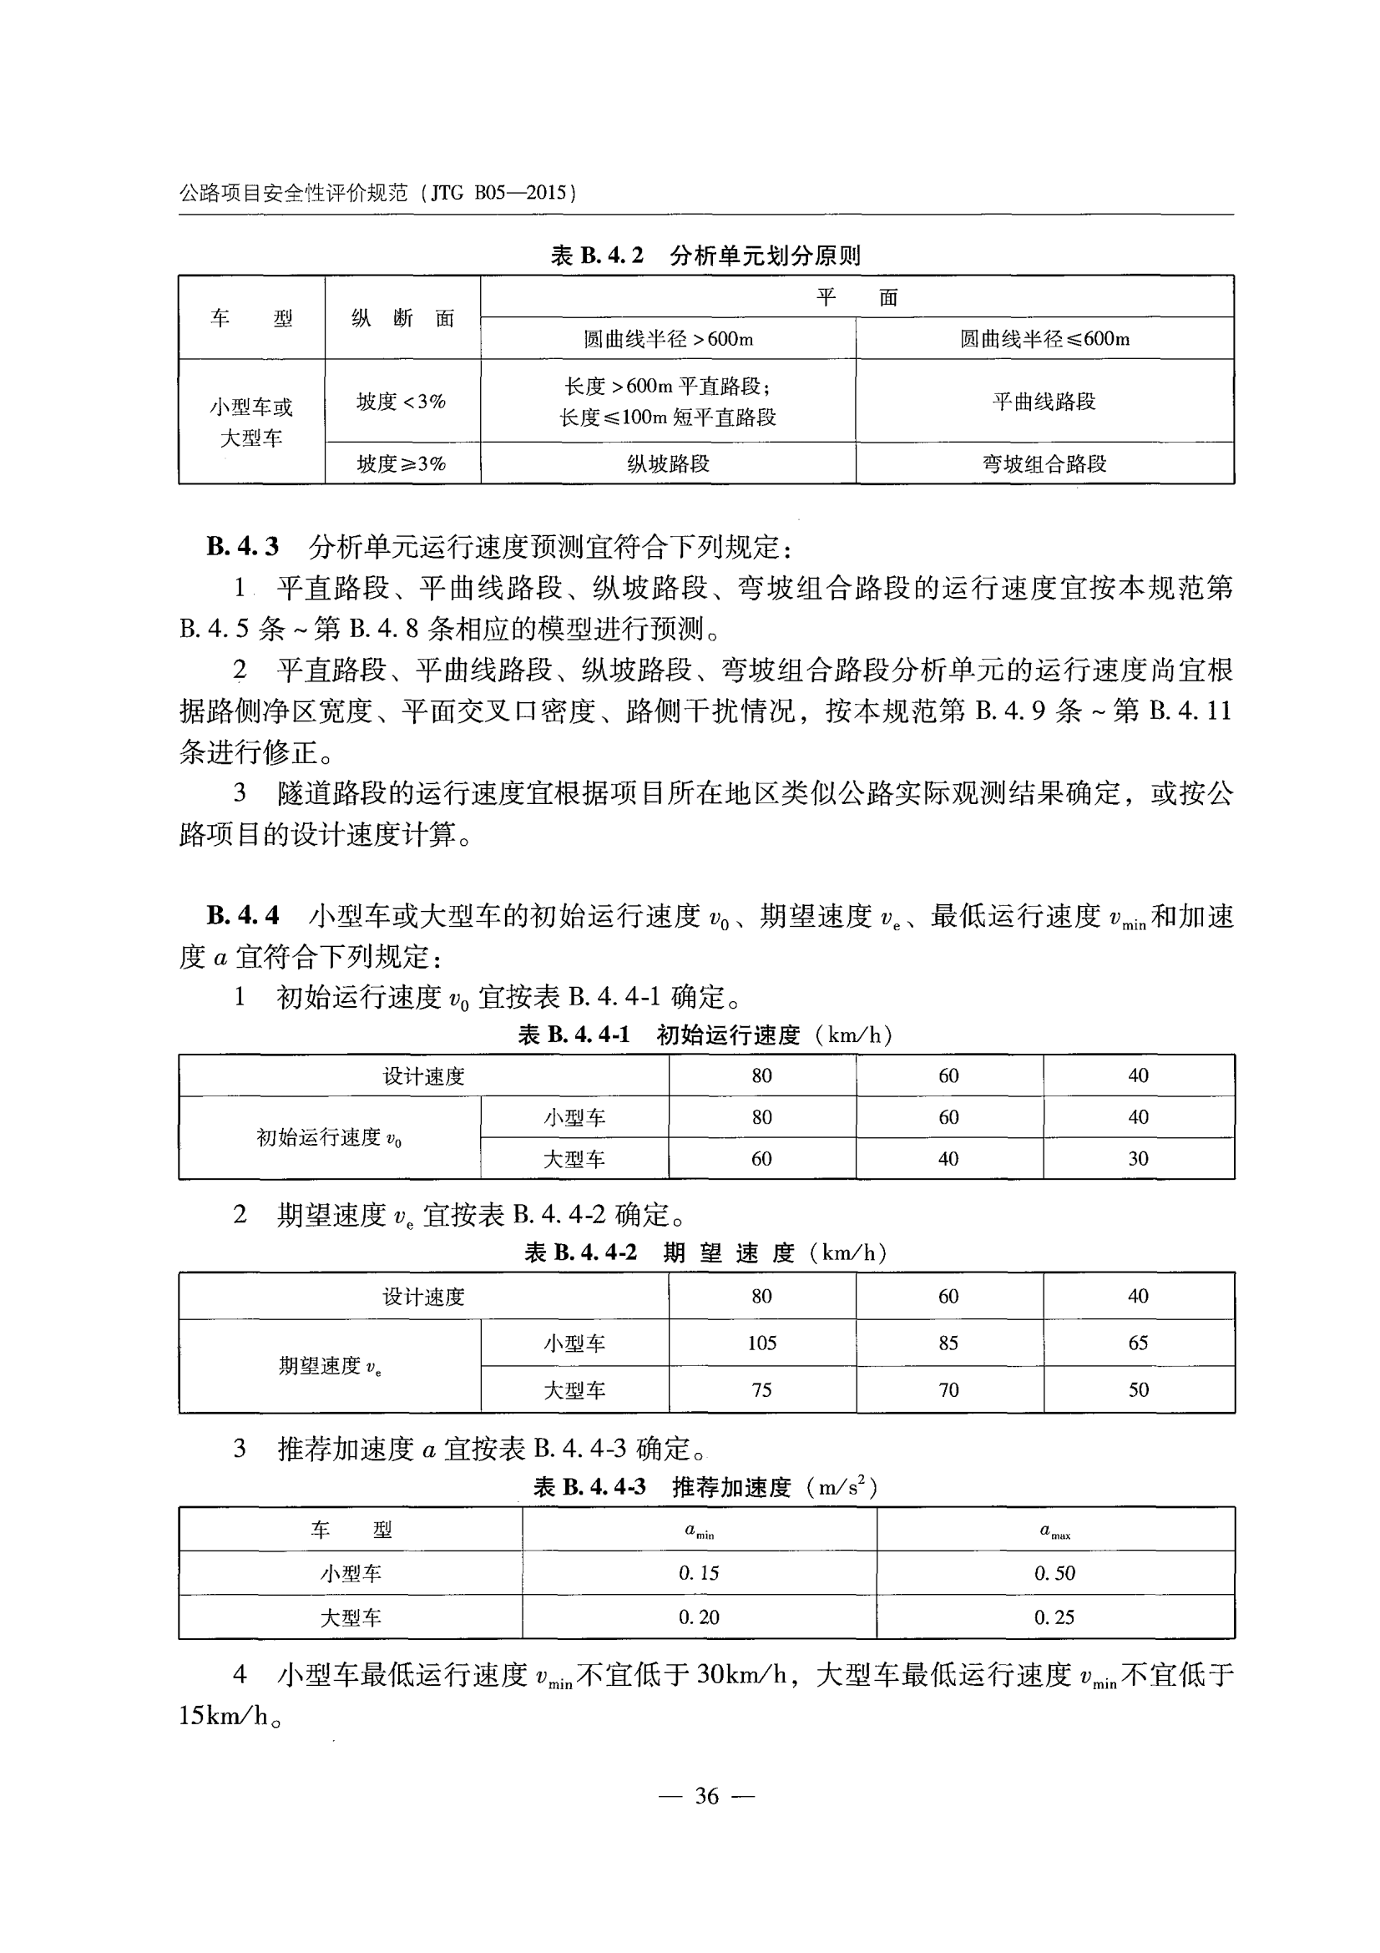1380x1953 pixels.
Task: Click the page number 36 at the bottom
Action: [706, 1796]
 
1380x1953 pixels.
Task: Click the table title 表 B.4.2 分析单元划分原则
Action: [705, 256]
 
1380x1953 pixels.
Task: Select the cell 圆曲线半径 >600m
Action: [668, 339]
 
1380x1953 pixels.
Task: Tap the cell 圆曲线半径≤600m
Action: [1044, 339]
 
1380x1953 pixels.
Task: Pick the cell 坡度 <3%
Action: [402, 402]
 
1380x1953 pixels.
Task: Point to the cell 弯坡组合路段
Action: [1044, 464]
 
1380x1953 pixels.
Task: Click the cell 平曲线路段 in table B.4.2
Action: [1044, 402]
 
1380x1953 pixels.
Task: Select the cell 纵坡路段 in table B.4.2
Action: [668, 464]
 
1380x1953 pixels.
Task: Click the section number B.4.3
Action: [242, 547]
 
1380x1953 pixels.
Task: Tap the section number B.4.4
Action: [242, 916]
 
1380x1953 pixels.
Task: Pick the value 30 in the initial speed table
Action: [1138, 1159]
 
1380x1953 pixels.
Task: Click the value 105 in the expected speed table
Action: [762, 1343]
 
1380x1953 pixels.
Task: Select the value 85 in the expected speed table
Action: [948, 1343]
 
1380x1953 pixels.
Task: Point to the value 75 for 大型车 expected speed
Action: [762, 1390]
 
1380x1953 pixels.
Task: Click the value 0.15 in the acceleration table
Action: [699, 1574]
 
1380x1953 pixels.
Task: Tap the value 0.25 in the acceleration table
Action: [1054, 1618]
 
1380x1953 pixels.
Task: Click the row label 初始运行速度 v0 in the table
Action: [329, 1138]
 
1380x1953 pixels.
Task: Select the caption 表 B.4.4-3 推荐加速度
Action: [705, 1487]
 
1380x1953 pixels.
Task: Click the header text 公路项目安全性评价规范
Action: [293, 193]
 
